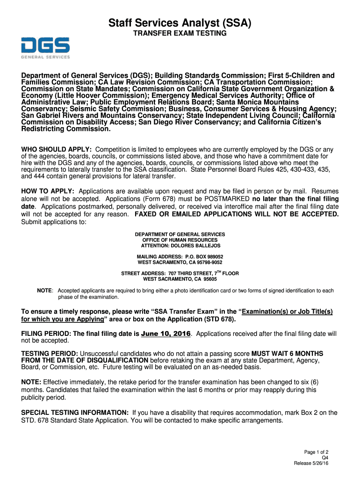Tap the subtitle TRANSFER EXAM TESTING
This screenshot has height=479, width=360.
(x=180, y=34)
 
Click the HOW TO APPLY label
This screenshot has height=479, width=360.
(x=48, y=191)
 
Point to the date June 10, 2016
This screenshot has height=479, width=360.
(x=166, y=334)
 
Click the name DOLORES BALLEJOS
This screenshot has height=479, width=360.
(x=197, y=246)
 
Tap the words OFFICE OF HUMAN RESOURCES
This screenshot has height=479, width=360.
(x=180, y=240)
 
